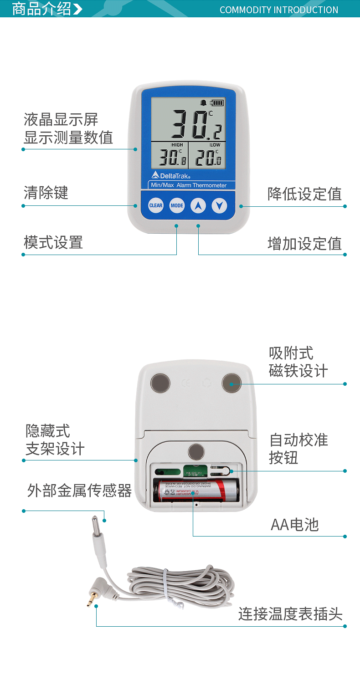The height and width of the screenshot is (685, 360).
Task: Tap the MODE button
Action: point(177,205)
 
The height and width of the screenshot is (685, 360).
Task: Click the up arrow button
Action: point(198,205)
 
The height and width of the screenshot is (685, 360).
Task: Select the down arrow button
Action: point(219,205)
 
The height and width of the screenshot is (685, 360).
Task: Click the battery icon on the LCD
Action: point(217,103)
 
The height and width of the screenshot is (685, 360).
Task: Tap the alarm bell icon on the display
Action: point(204,103)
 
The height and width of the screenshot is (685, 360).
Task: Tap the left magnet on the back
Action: point(159,383)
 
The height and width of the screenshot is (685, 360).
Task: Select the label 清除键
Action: point(46,193)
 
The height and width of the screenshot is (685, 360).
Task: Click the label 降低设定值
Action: point(304,194)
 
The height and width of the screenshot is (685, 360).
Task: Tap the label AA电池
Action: point(295,525)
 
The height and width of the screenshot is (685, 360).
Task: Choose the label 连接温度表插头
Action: point(290,614)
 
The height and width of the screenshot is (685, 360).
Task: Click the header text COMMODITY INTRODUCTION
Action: point(279,10)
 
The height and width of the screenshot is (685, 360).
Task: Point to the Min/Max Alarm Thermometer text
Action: point(188,185)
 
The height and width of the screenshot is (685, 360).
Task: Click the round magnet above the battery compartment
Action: point(196,452)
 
